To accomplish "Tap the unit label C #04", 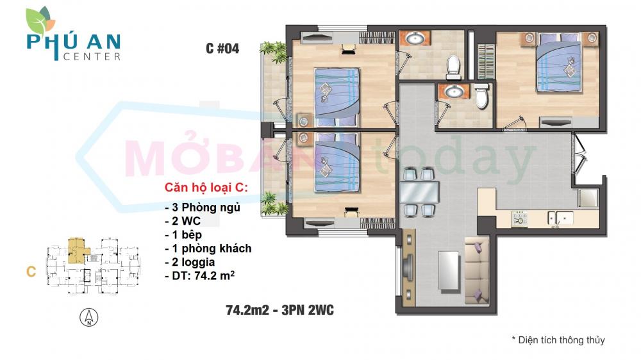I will [222, 49].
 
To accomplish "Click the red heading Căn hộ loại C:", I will [206, 188].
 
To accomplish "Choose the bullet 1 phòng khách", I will [208, 249].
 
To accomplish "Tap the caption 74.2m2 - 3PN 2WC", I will [279, 311].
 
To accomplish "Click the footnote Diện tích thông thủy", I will [558, 340].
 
